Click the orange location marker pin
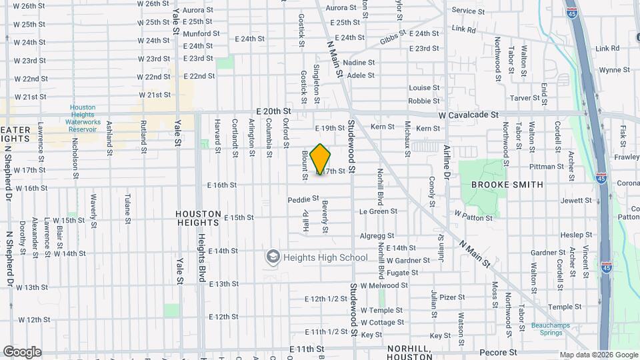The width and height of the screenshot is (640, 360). [320, 159]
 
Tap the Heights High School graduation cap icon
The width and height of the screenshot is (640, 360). [272, 257]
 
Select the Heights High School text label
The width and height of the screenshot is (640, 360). [325, 257]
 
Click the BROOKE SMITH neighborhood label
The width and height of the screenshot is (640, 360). [507, 185]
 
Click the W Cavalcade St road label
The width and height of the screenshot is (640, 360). [469, 115]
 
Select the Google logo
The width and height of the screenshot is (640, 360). [21, 351]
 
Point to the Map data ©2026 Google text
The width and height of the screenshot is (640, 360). [598, 355]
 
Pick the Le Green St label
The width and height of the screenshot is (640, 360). [378, 211]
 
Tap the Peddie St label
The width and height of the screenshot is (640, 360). [303, 200]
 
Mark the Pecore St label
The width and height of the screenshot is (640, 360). [499, 352]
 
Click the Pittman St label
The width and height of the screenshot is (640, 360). [547, 167]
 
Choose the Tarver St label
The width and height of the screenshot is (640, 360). [525, 98]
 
